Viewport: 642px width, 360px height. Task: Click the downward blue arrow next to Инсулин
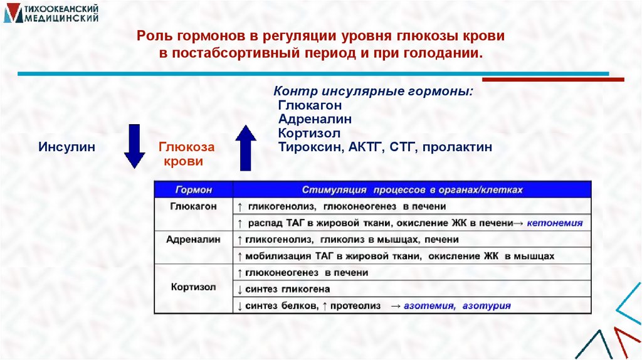click(134, 146)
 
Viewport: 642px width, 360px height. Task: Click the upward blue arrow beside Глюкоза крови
click(246, 148)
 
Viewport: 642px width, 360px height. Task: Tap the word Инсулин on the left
click(67, 147)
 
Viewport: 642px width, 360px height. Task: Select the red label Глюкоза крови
click(186, 154)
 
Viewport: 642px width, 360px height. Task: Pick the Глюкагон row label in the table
click(193, 206)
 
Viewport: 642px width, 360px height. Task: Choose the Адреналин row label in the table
click(193, 240)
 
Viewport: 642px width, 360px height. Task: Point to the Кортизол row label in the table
click(193, 288)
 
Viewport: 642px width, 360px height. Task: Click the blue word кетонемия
click(554, 223)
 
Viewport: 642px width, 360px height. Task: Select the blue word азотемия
click(429, 305)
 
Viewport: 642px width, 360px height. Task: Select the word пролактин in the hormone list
click(457, 147)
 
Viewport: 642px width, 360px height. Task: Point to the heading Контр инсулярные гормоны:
click(374, 92)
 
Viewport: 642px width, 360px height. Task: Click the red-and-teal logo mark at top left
click(12, 14)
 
